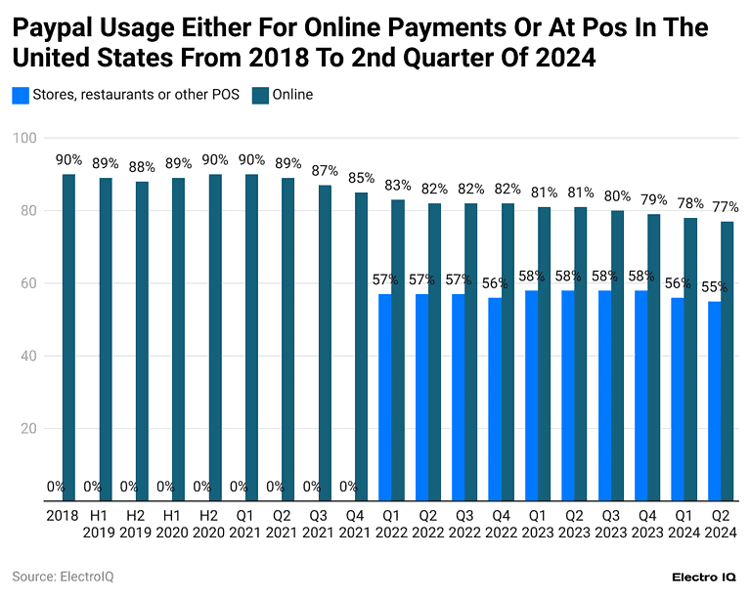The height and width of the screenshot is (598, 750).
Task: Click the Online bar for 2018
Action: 68,337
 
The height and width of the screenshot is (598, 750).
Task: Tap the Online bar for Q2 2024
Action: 727,361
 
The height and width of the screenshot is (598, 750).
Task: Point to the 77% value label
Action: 725,207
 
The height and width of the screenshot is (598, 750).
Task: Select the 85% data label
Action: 361,178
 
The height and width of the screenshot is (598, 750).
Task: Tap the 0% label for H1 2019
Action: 92,486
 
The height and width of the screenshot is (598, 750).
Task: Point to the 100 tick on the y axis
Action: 23,138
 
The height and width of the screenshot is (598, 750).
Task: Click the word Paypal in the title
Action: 49,27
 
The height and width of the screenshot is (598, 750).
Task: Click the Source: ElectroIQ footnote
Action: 63,577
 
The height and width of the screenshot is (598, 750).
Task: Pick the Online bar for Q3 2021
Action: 325,342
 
